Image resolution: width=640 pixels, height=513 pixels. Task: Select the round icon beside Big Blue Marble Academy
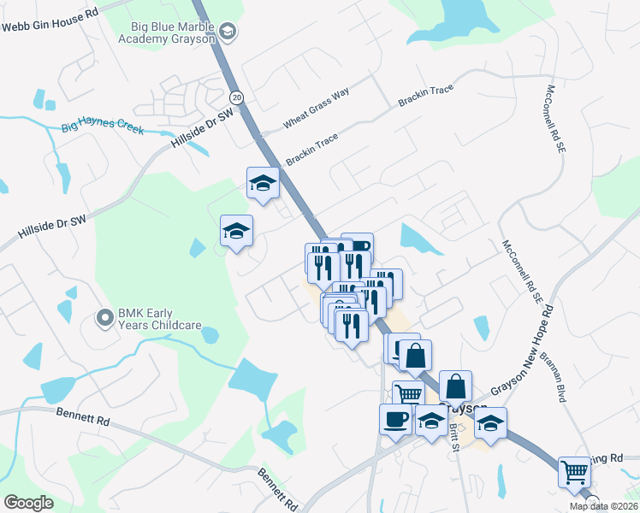[228, 33]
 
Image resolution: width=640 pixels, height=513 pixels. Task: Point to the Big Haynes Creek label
[103, 129]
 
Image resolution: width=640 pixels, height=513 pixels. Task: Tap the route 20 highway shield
[237, 97]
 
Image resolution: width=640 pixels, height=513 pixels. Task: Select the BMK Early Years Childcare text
[160, 319]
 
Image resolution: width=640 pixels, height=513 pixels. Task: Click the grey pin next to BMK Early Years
[105, 318]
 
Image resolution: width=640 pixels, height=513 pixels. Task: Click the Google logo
[29, 503]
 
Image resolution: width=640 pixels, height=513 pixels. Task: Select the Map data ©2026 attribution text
[602, 506]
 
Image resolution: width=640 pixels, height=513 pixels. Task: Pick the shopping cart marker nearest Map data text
[574, 472]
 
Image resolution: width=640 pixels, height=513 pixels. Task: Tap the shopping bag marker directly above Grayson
[455, 386]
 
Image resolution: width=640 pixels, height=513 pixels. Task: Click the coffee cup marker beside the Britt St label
[395, 420]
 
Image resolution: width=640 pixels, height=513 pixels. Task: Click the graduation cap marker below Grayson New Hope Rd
[491, 422]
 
